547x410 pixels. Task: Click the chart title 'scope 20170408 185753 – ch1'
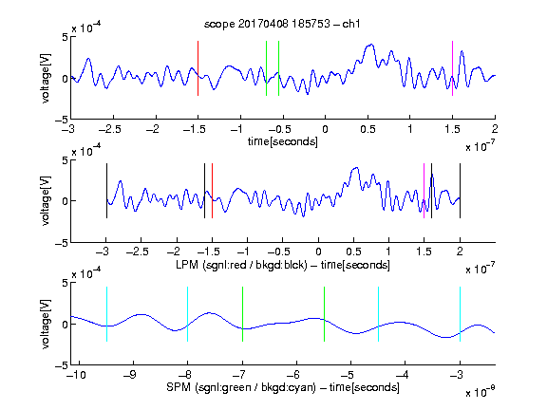click(282, 24)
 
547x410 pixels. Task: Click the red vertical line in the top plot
click(198, 68)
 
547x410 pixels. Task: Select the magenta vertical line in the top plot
click(452, 68)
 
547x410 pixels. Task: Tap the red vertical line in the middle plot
click(212, 191)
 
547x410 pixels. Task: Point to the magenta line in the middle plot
click(424, 191)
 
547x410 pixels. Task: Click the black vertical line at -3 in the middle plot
click(106, 191)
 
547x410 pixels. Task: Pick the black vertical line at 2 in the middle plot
click(460, 191)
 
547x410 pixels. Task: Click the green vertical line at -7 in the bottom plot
click(242, 314)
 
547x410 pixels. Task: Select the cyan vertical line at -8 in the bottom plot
click(188, 314)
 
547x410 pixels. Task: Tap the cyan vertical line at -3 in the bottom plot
click(460, 314)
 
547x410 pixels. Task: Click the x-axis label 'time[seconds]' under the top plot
click(283, 141)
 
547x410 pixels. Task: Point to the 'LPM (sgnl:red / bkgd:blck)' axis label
click(241, 265)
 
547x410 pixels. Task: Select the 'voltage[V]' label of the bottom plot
click(46, 324)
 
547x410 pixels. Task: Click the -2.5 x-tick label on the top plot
click(110, 129)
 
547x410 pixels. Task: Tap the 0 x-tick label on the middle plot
click(318, 252)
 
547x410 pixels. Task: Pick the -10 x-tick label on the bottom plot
click(76, 375)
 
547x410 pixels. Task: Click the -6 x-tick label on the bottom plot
click(295, 375)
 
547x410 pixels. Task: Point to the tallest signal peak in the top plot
click(371, 45)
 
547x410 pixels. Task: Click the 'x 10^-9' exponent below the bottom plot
click(480, 392)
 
